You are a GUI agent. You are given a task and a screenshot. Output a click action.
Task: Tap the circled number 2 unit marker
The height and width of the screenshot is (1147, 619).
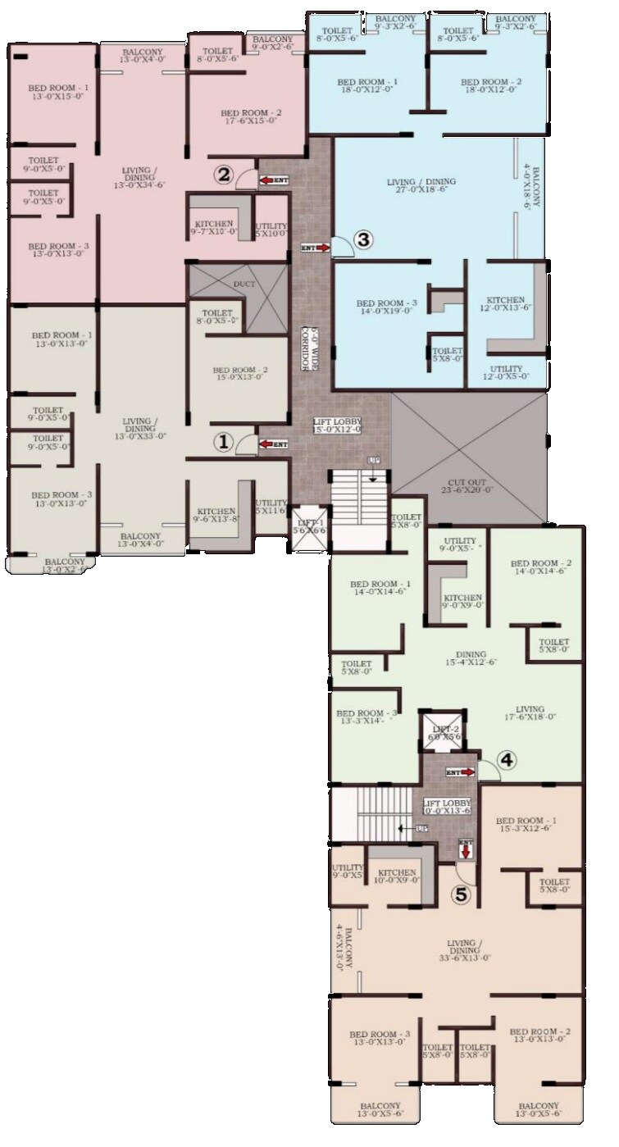click(x=224, y=174)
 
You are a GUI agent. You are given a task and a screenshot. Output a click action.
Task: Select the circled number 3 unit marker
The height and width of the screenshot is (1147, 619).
click(x=364, y=239)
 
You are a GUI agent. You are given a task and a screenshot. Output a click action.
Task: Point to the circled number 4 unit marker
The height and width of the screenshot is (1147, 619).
click(x=507, y=760)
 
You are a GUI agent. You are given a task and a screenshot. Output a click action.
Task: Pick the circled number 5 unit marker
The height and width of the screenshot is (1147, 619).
click(x=462, y=895)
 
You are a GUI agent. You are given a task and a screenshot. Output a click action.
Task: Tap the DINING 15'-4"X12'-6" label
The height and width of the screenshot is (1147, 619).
click(x=472, y=658)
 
